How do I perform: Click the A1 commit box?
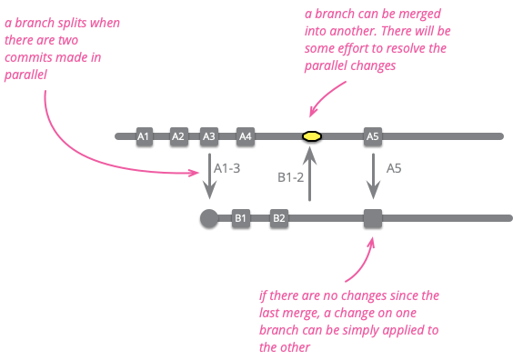(143, 136)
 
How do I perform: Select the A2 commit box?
(178, 136)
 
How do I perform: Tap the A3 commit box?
(209, 136)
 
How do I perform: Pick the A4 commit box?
(245, 136)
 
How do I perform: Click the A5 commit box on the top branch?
(372, 136)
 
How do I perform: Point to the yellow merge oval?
(311, 136)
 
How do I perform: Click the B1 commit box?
(240, 218)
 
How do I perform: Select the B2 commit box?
(279, 218)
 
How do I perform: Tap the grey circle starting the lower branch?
(208, 218)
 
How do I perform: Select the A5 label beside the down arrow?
(395, 168)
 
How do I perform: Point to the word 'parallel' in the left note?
(26, 75)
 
